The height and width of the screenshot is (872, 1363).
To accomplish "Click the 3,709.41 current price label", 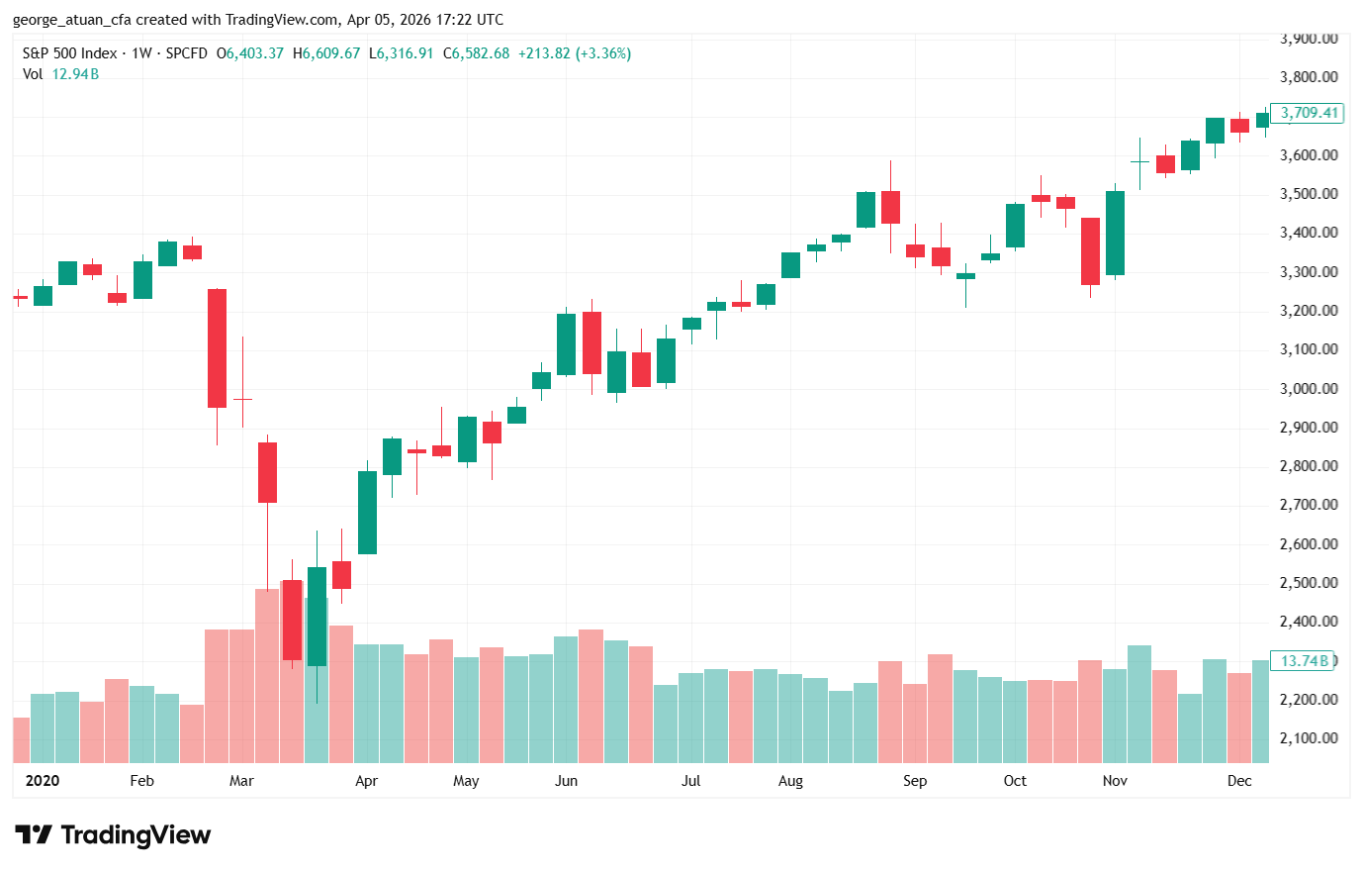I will [x=1308, y=113].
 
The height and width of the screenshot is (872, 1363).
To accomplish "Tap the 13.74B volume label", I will [x=1305, y=661].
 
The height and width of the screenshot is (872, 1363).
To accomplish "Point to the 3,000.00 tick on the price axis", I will [x=1309, y=389].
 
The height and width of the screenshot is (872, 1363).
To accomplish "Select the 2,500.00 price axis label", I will [x=1309, y=583].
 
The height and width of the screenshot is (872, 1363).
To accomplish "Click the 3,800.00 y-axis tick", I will [x=1309, y=77].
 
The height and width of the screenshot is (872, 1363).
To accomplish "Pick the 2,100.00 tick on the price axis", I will [x=1309, y=738].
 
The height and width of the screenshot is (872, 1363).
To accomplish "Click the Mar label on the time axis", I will [x=241, y=781].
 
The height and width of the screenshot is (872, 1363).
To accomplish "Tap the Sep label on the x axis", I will [x=915, y=781].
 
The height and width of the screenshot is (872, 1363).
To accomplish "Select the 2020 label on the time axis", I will [x=43, y=781].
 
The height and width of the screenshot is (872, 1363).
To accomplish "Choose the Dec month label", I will [x=1239, y=781].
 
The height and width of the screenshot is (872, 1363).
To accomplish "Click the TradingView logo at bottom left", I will [x=113, y=835].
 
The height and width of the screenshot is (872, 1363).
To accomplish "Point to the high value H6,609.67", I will [x=326, y=53].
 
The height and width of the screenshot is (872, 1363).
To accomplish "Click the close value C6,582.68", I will [x=477, y=53].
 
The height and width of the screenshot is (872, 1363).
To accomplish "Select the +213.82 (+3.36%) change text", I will [x=575, y=53].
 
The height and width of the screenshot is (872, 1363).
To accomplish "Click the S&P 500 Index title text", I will [x=70, y=53].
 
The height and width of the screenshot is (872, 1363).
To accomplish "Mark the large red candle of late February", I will [x=217, y=348].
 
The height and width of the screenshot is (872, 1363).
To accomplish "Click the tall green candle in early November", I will [x=1115, y=233].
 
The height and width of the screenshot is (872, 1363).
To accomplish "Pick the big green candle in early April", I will [x=367, y=513].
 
